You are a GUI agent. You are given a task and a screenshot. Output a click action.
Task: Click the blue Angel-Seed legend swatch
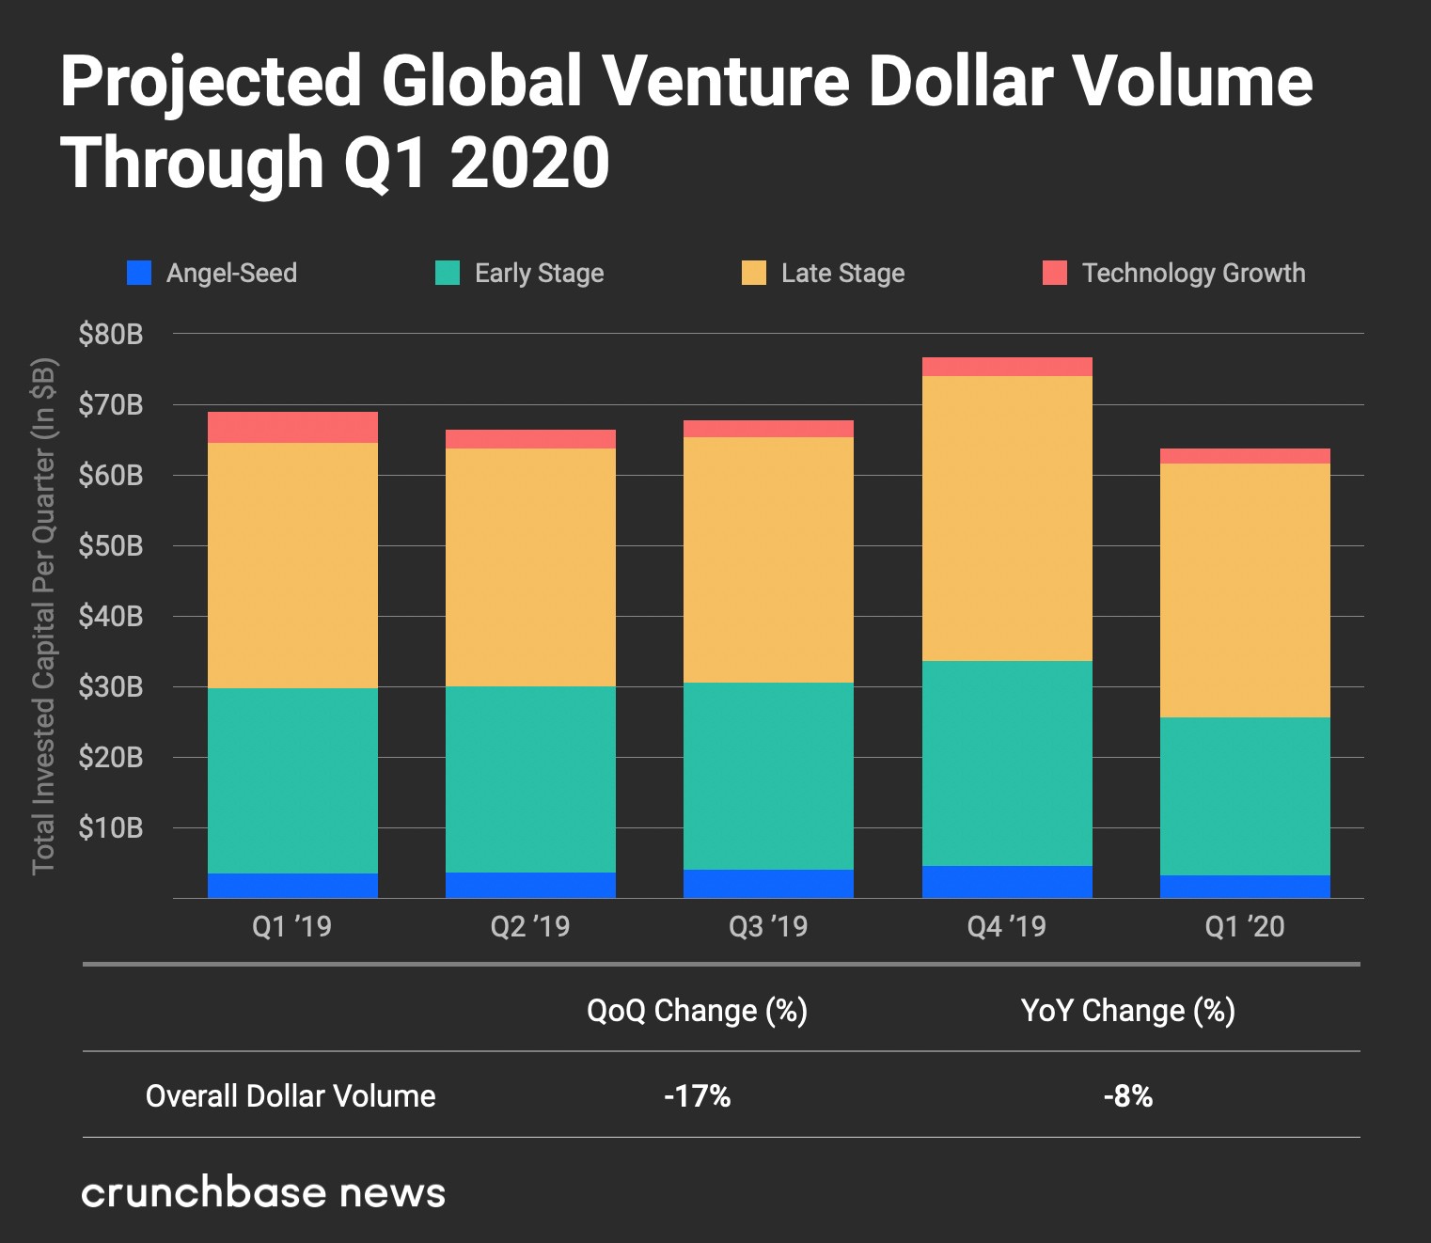point(139,273)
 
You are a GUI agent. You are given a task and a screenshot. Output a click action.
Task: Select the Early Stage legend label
point(539,273)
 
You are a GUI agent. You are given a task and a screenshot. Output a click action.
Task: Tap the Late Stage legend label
point(842,273)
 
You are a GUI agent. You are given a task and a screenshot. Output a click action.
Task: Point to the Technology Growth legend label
point(1193,273)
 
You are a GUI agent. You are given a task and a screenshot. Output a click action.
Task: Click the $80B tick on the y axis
point(111,334)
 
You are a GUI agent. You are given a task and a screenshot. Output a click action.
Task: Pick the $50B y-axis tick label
point(111,545)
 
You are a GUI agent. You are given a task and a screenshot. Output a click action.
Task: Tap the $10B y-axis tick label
point(111,827)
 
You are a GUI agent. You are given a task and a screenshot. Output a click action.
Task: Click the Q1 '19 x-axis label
point(291,926)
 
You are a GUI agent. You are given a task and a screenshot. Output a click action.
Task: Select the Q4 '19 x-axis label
point(1006,926)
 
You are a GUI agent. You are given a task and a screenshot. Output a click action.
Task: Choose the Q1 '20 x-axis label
point(1244,926)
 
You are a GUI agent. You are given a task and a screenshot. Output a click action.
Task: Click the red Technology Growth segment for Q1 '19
point(292,427)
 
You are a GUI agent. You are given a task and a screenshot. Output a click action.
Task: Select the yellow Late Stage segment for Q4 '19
point(1007,518)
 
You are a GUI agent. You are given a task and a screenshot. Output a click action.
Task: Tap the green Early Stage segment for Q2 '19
point(530,779)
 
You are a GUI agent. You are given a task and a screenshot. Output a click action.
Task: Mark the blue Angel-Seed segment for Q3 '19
point(768,884)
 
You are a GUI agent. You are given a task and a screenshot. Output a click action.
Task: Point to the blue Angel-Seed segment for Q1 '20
point(1245,887)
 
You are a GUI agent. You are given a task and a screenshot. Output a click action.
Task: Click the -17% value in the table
point(697,1095)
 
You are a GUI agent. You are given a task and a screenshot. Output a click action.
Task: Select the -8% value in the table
point(1127,1095)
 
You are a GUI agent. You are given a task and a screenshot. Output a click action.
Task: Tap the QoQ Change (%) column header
point(697,1011)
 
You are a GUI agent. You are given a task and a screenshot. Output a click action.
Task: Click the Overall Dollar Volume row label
point(291,1095)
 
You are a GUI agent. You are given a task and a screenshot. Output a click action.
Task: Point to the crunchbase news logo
point(263,1192)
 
